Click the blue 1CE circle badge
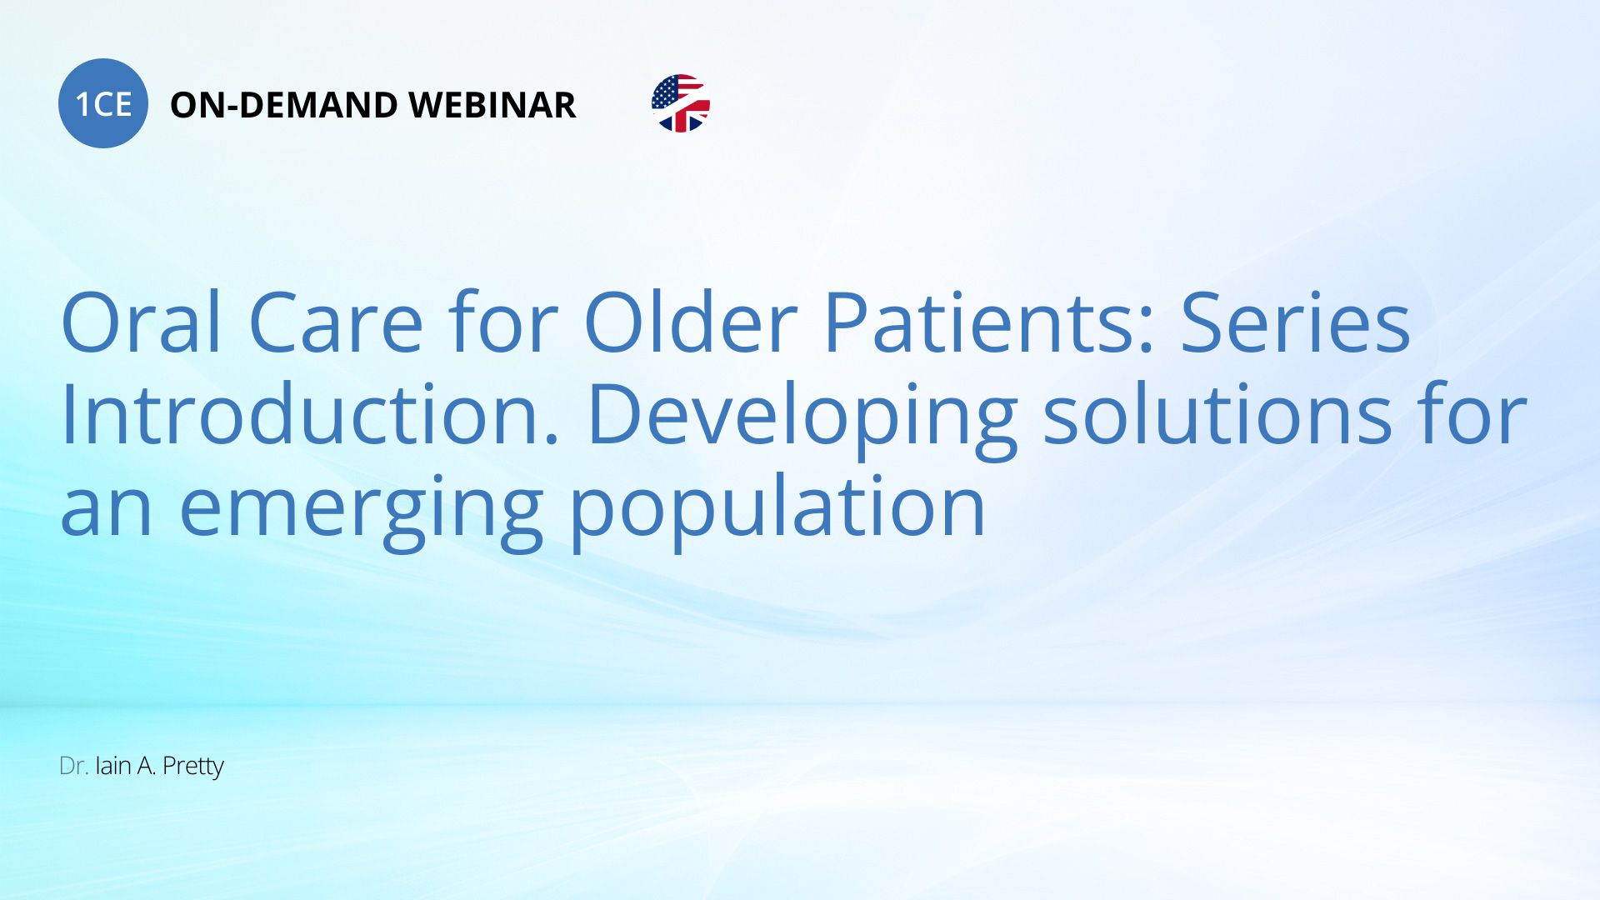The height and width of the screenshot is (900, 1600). (103, 103)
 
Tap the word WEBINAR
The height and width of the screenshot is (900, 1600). (492, 105)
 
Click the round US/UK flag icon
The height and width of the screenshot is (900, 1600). (681, 103)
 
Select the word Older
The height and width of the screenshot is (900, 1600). (691, 321)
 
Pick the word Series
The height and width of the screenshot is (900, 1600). (1296, 322)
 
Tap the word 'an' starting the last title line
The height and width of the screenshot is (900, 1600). (107, 509)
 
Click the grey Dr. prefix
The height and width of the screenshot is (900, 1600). (73, 766)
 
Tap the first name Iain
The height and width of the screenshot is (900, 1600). (113, 766)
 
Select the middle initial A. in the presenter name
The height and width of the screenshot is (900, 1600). (147, 766)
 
